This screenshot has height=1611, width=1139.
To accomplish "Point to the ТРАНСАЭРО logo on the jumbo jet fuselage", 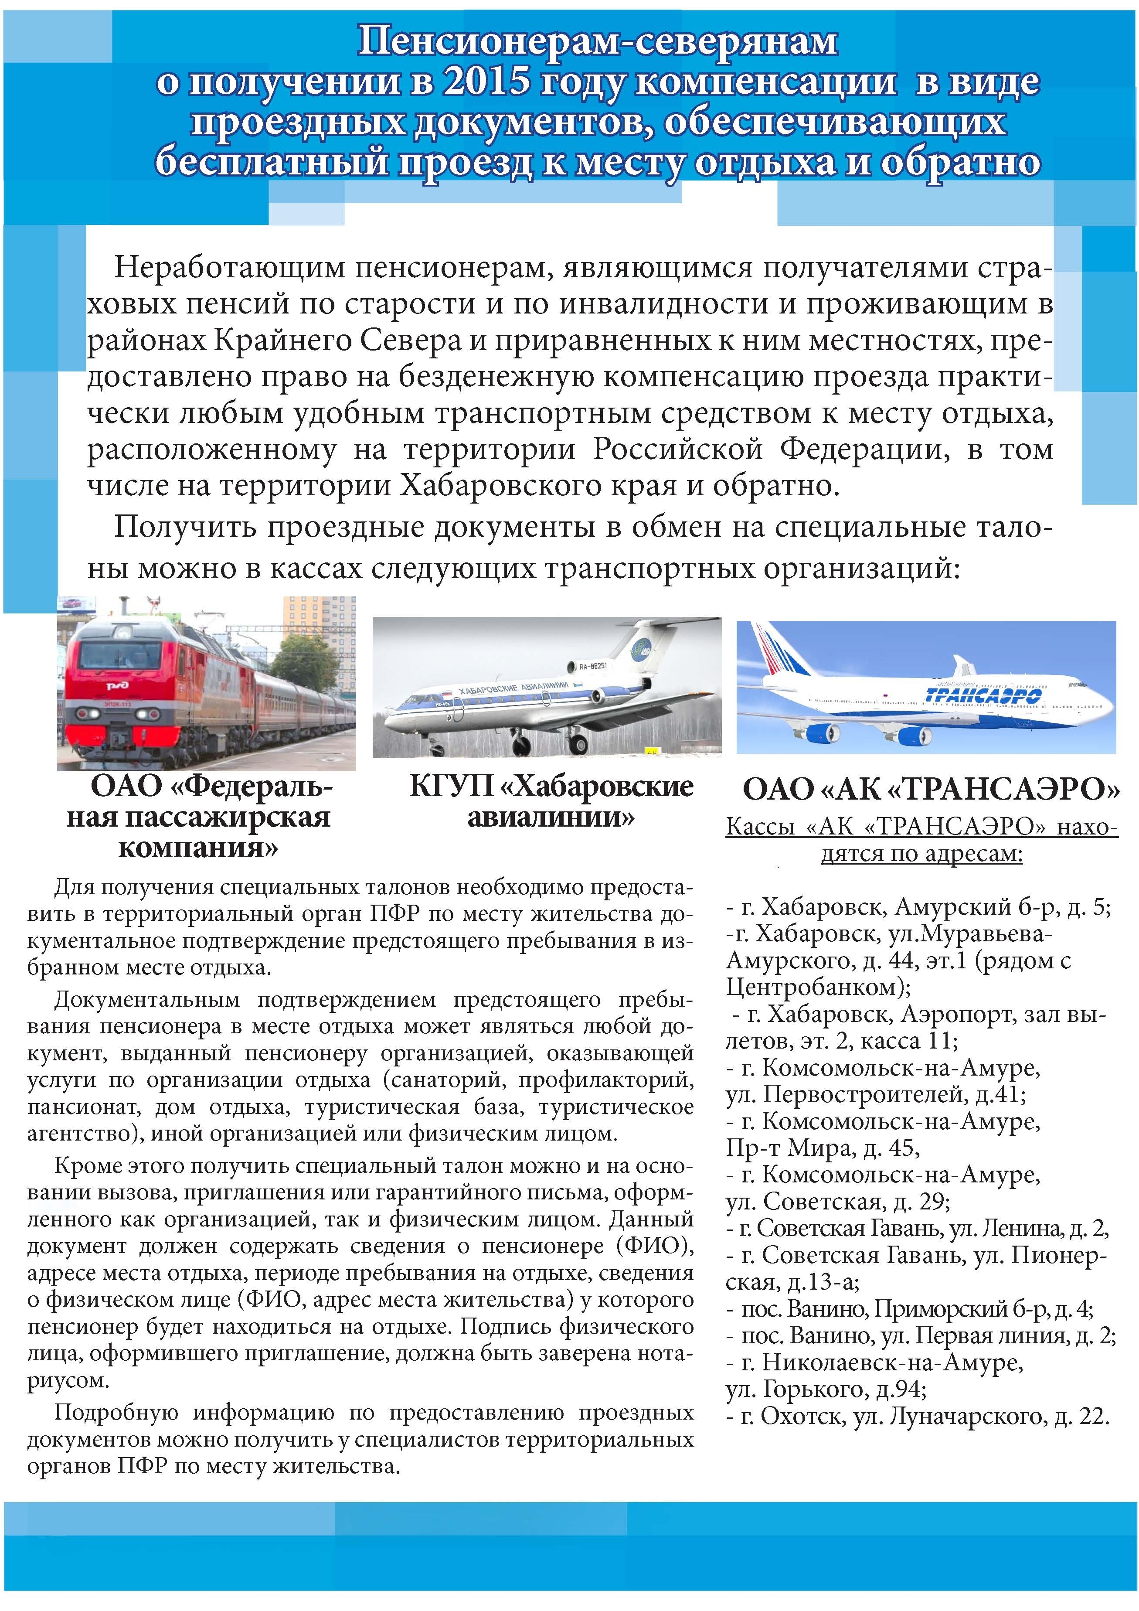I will [x=983, y=695].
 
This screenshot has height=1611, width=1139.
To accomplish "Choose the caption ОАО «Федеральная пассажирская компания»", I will [x=198, y=817].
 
